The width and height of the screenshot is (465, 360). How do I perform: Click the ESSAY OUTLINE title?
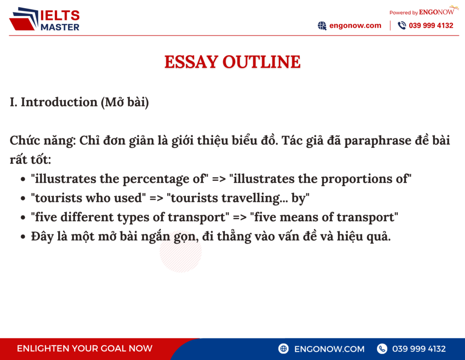[x=232, y=62]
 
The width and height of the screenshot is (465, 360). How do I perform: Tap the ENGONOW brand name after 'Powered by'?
[x=436, y=12]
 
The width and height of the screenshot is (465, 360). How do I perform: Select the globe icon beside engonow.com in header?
[x=322, y=25]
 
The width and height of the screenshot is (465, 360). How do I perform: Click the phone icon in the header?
[x=401, y=25]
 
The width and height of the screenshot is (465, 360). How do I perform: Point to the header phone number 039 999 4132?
[x=431, y=25]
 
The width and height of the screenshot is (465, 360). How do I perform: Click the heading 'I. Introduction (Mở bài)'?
[x=79, y=102]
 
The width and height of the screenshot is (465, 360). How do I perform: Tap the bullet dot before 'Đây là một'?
[x=23, y=237]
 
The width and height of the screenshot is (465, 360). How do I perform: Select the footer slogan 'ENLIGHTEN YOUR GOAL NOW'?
[x=84, y=349]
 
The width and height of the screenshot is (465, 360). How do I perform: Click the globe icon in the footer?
[x=284, y=349]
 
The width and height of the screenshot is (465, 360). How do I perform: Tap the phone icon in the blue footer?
[x=382, y=349]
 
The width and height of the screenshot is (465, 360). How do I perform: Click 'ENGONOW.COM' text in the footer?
[x=329, y=349]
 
